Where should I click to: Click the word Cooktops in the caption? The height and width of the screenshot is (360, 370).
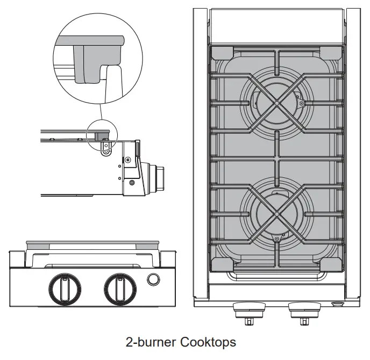point(208,342)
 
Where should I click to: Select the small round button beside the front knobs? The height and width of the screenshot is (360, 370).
point(153,279)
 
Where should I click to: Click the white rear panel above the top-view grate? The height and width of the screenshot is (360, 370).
point(276,26)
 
